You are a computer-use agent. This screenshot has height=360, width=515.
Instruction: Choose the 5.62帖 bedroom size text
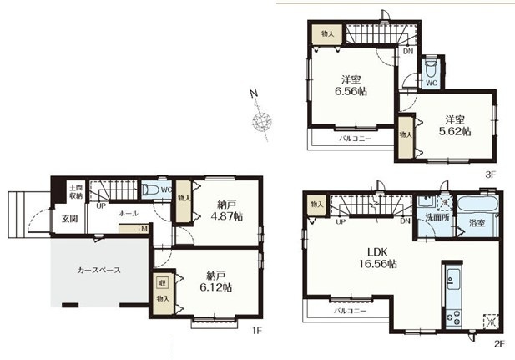[x=456, y=131]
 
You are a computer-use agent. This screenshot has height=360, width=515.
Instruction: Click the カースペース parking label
[x=99, y=271]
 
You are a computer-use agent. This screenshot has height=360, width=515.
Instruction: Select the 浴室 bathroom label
[x=477, y=224]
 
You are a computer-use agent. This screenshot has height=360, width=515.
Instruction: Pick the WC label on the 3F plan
[x=431, y=84]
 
